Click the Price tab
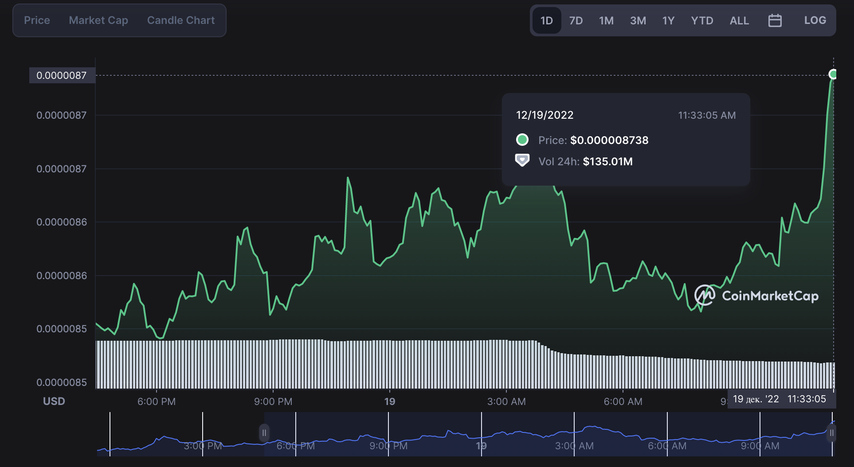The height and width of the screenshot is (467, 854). point(37,20)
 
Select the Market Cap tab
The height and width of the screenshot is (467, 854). point(98,20)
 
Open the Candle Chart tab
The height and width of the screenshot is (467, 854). point(181,20)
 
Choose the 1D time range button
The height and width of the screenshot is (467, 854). point(546,21)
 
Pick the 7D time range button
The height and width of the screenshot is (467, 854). point(576,21)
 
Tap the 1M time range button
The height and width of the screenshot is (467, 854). point(606,21)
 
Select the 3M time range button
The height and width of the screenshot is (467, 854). point(638,21)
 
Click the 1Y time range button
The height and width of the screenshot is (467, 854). point(668,21)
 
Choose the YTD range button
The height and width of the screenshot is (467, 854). point(702,21)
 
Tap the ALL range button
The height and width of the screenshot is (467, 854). point(739,21)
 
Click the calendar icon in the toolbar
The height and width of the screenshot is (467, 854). point(775,21)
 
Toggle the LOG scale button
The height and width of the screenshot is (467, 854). point(815,20)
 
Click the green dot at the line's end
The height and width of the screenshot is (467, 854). point(833,74)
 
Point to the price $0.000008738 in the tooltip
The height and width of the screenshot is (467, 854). point(609,140)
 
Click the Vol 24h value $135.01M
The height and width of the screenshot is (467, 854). point(607,162)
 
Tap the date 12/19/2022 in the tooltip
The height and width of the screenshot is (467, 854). point(545,115)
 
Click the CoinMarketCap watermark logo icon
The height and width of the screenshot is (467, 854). point(704,295)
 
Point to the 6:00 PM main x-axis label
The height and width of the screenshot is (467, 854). point(157,401)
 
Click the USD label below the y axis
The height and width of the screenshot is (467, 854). point(54,401)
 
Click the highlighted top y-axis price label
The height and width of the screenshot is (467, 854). point(62,75)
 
